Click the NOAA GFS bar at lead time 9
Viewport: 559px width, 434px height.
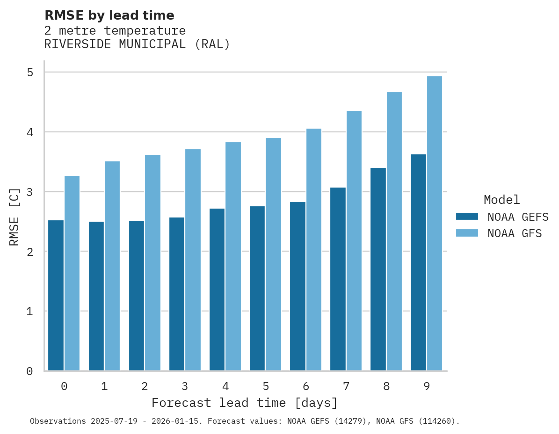point(434,224)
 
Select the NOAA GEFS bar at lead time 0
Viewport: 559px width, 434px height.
point(56,295)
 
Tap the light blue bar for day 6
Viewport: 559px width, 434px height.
point(313,250)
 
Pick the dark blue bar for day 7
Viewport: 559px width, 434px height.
point(338,279)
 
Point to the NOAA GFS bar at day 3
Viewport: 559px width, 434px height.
point(193,260)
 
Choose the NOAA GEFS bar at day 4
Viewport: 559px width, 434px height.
point(217,289)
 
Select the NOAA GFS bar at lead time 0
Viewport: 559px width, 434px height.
point(72,273)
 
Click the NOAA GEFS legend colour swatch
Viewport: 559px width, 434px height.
point(467,217)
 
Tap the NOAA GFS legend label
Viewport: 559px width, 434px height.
point(514,233)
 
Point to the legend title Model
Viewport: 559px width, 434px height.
point(501,200)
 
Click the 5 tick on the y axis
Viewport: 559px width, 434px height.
point(30,72)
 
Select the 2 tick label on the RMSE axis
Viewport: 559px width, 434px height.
point(30,252)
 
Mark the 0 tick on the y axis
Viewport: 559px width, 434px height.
point(30,371)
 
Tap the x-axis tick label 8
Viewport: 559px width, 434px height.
point(386,386)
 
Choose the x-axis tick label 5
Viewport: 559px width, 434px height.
point(266,386)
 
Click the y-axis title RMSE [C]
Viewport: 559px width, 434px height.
point(15,217)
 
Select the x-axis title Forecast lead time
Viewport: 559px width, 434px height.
point(244,403)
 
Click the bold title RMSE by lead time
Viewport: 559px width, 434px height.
point(109,15)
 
